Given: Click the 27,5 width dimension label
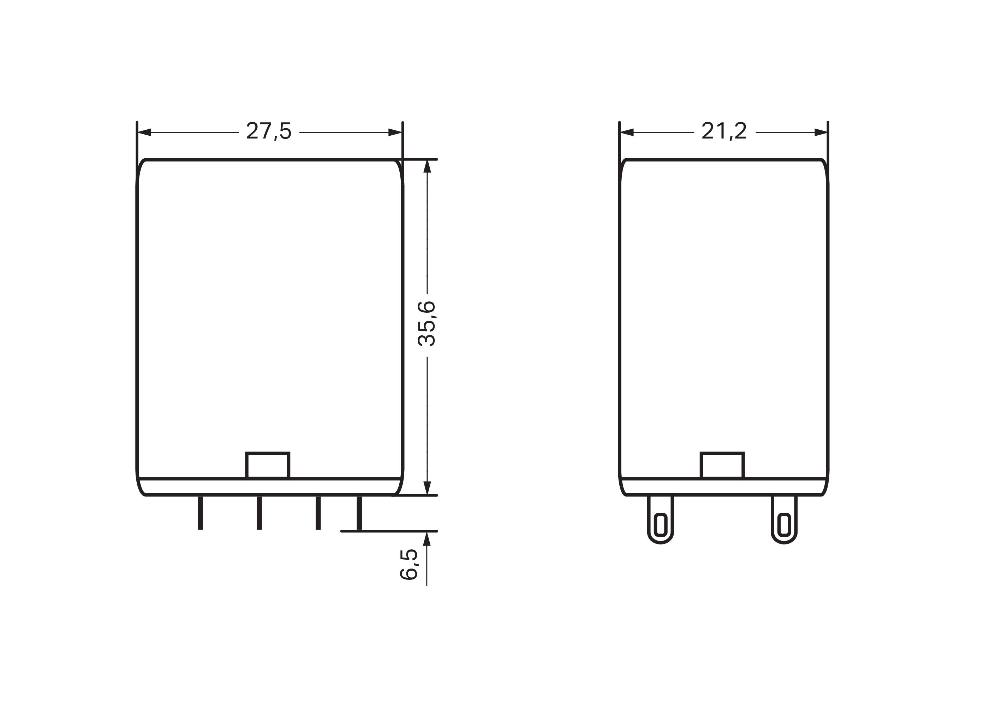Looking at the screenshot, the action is pos(269,131).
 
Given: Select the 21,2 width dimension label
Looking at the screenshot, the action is pos(724,131).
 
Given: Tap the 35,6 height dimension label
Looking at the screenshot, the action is pos(427,324).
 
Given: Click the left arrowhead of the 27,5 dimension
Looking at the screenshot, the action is pos(144,132).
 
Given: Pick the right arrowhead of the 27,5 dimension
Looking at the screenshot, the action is pos(395,132).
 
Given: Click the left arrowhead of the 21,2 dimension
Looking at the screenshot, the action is pos(627,132).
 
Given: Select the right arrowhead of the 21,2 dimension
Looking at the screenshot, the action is pos(821,132).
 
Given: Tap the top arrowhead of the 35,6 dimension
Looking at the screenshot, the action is pos(427,167).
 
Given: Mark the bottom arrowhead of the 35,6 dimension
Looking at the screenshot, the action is pos(427,488).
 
